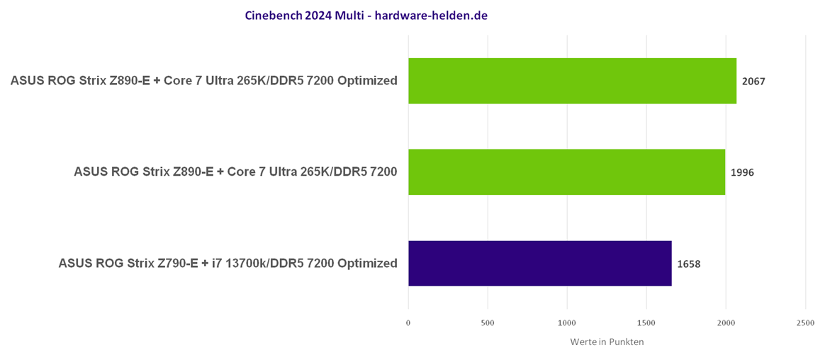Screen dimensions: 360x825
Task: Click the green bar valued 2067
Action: tap(572, 81)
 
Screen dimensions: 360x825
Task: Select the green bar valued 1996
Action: tap(566, 171)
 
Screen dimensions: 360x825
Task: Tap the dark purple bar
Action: tap(539, 263)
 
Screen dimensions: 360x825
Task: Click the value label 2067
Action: tap(753, 81)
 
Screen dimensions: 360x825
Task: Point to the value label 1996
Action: tap(742, 172)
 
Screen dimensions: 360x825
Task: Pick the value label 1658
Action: tap(688, 264)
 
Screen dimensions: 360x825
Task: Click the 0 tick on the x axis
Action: tap(408, 323)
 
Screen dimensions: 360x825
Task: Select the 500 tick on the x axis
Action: tap(488, 323)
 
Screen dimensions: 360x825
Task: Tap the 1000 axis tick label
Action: tap(567, 323)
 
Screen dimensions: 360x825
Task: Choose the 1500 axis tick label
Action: tap(646, 323)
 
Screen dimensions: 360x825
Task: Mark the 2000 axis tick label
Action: tap(726, 323)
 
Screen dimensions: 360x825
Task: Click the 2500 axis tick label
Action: tap(805, 323)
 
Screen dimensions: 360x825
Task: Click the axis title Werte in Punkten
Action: tap(607, 342)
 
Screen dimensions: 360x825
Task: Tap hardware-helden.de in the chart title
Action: tap(431, 15)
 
